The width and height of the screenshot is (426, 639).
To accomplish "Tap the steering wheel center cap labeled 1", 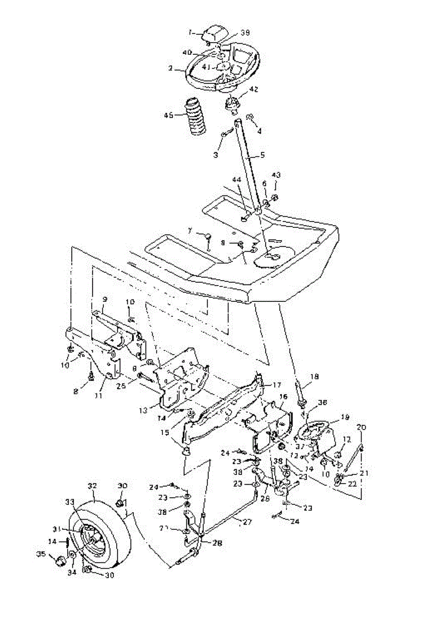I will click(213, 33).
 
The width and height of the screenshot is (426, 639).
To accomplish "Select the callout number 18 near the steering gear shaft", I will click(314, 376).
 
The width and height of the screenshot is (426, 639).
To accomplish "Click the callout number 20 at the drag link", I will click(362, 427).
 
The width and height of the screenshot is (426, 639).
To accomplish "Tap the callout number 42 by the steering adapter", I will click(253, 89).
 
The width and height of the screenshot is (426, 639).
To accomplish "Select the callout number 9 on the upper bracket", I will click(105, 299).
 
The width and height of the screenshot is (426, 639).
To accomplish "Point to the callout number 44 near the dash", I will click(235, 181).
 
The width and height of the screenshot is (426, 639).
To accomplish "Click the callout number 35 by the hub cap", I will click(40, 555).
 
